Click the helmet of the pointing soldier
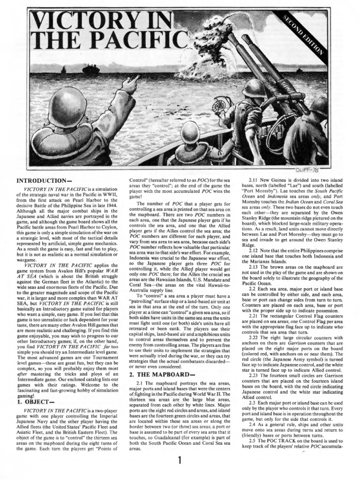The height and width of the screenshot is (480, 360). coord(67,106)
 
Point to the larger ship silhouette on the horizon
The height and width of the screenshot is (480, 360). coord(91,70)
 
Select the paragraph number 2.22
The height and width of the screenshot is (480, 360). coord(255,337)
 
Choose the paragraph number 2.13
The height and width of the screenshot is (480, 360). coord(255,268)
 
